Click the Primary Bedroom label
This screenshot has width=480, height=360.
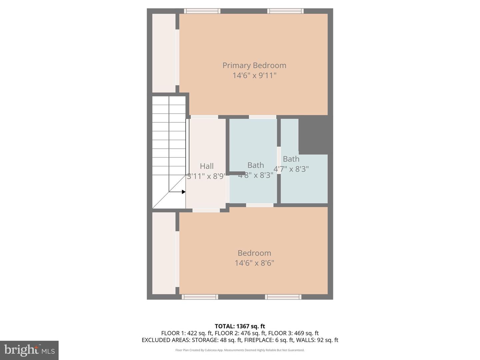pyautogui.click(x=254, y=65)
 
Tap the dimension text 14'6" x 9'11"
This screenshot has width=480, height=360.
pyautogui.click(x=254, y=75)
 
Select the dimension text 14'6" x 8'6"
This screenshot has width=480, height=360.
pyautogui.click(x=254, y=263)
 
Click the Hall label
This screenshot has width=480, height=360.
pyautogui.click(x=207, y=166)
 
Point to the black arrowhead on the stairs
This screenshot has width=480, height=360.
pyautogui.click(x=183, y=192)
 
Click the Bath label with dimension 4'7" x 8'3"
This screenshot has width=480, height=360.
pyautogui.click(x=291, y=159)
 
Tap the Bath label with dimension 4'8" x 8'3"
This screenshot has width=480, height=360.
pyautogui.click(x=256, y=165)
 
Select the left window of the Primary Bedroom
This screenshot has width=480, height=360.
pyautogui.click(x=202, y=11)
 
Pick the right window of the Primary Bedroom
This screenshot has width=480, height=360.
pyautogui.click(x=285, y=11)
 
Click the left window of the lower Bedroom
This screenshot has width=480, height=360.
pyautogui.click(x=200, y=297)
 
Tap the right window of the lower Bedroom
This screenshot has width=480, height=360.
pyautogui.click(x=283, y=297)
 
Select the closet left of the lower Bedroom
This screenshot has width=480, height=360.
pyautogui.click(x=164, y=253)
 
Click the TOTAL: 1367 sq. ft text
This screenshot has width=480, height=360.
pyautogui.click(x=240, y=326)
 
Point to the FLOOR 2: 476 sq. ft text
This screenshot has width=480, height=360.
pyautogui.click(x=240, y=333)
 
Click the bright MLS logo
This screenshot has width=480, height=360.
pyautogui.click(x=29, y=350)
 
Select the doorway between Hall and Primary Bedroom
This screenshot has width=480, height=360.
pyautogui.click(x=204, y=117)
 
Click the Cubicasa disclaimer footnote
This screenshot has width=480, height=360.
pyautogui.click(x=240, y=350)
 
